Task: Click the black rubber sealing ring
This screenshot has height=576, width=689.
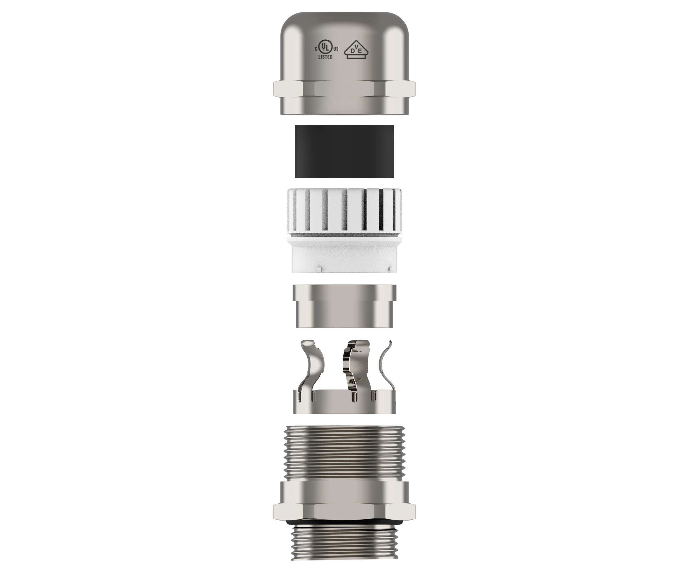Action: [344, 151]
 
